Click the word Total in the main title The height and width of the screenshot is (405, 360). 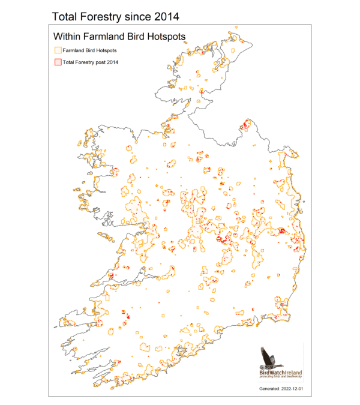point(67,14)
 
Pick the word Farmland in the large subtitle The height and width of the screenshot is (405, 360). point(107,37)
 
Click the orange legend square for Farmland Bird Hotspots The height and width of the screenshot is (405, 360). point(58,50)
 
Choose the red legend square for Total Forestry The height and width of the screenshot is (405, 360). point(58,62)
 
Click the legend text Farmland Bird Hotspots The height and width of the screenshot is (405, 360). point(90,50)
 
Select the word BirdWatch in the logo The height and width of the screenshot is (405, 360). point(271,373)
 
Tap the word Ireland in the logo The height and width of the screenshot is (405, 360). point(293,373)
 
